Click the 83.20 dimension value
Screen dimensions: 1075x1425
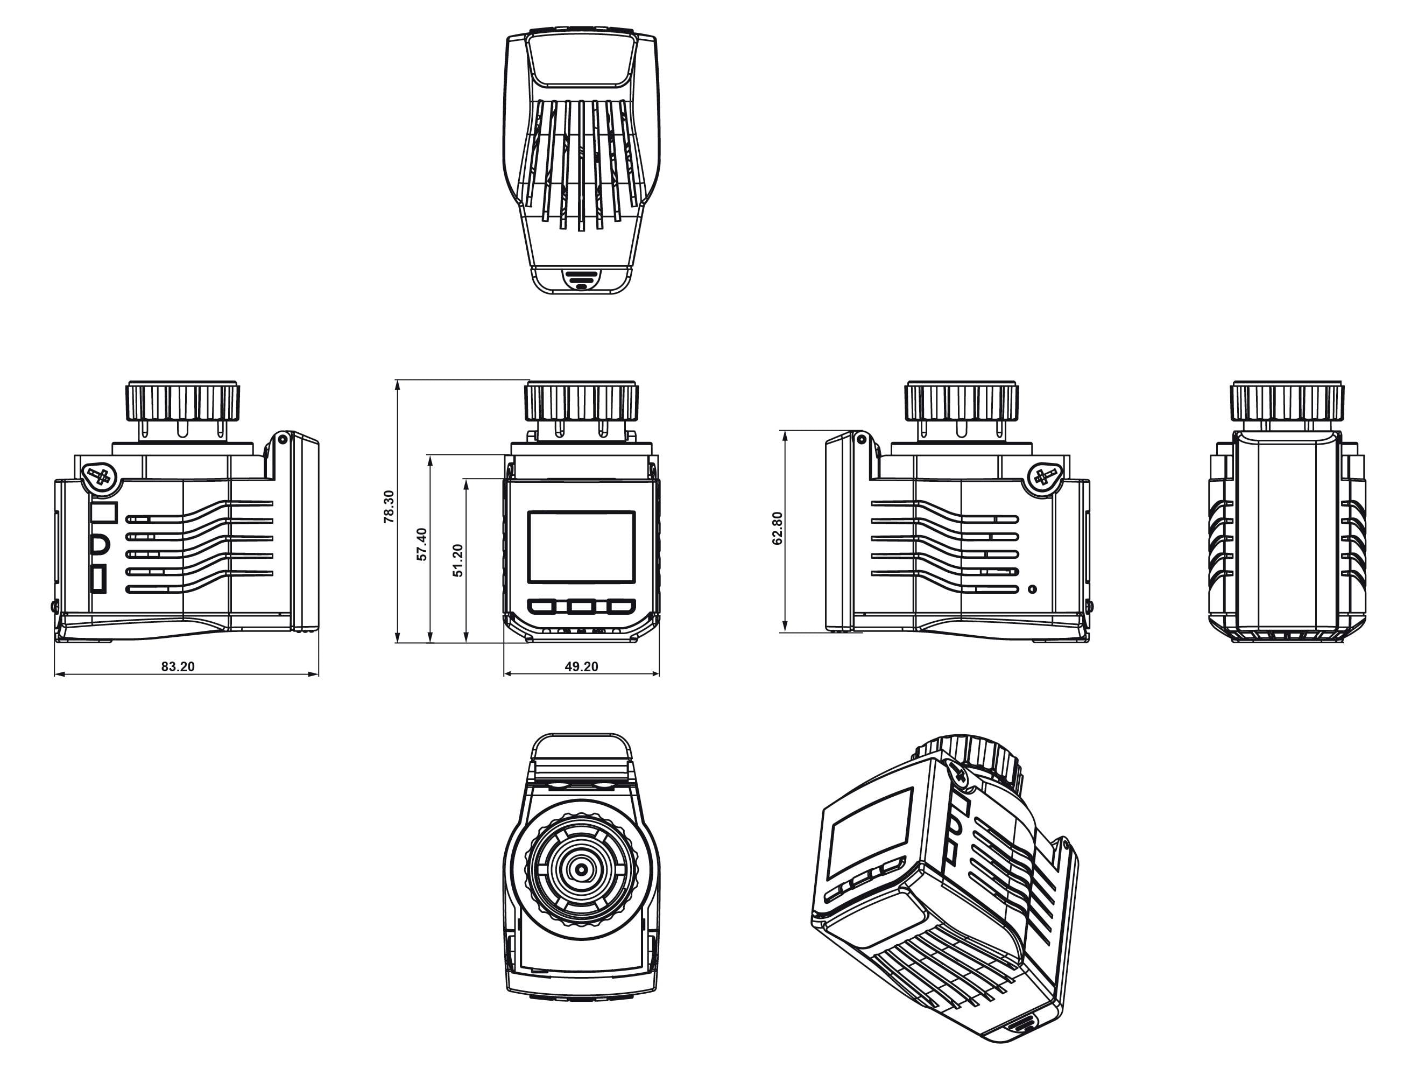pos(178,666)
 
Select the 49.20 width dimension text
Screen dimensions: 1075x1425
pos(581,666)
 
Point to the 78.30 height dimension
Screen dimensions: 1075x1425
pos(389,506)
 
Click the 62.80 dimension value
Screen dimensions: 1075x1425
pos(778,529)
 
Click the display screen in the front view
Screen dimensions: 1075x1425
pos(581,547)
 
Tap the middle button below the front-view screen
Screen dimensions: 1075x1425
pos(581,607)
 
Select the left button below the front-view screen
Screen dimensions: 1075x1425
pos(542,607)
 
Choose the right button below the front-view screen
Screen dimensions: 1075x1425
pos(620,607)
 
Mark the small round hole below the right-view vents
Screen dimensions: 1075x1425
pos(1033,589)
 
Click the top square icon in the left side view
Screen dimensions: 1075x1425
pos(103,512)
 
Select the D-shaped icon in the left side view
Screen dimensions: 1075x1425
pos(101,545)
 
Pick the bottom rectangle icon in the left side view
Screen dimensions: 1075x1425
pos(98,578)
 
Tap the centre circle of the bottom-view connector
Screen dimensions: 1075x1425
pos(581,869)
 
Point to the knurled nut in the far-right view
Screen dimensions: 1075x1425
pos(1288,401)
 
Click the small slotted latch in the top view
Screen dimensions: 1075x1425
pos(581,280)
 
